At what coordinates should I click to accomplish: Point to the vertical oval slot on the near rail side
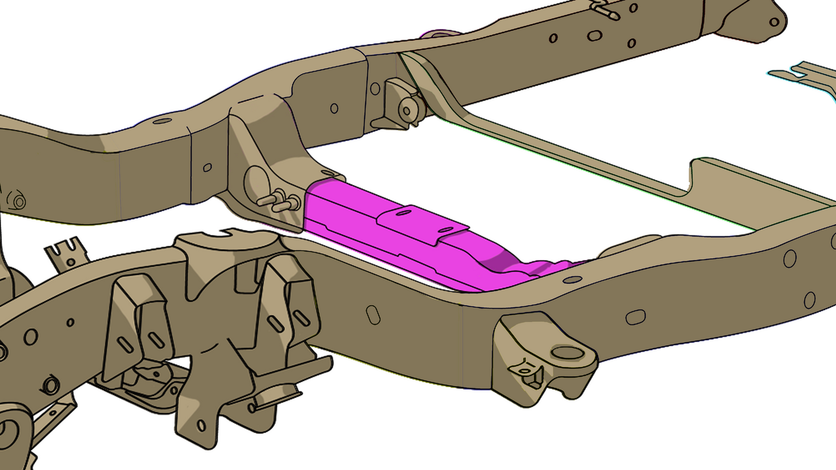click(x=373, y=314)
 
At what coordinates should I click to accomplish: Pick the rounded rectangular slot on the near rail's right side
click(x=635, y=317)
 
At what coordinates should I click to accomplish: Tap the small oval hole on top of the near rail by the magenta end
click(x=572, y=280)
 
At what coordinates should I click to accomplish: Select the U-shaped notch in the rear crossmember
click(x=694, y=176)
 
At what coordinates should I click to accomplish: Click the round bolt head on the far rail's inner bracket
click(x=407, y=109)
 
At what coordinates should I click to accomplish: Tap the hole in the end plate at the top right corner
click(x=774, y=22)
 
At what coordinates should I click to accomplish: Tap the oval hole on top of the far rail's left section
click(x=163, y=121)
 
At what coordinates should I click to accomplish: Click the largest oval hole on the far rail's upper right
click(x=594, y=36)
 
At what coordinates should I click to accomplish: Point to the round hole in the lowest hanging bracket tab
click(x=201, y=425)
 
